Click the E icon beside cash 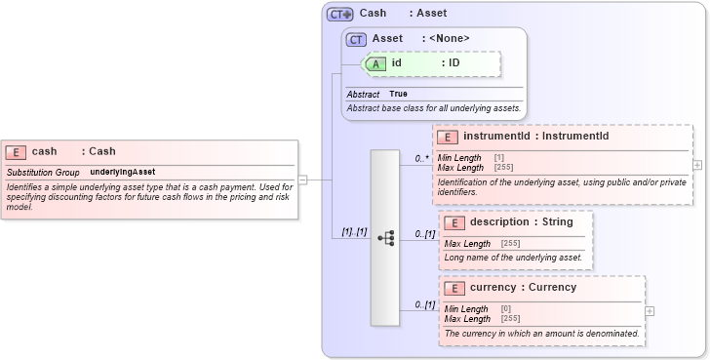click(16, 151)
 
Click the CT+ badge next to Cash click(339, 14)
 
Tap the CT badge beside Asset click(357, 39)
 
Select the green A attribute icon click(375, 63)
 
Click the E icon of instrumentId click(448, 137)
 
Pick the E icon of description click(454, 222)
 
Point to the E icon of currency click(454, 288)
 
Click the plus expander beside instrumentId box click(697, 165)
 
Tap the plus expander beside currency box click(650, 310)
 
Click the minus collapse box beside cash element click(302, 180)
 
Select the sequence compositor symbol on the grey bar click(385, 237)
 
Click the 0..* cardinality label click(422, 158)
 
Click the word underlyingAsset click(123, 172)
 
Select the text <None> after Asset click(450, 39)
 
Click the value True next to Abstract click(399, 94)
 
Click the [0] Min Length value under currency click(506, 309)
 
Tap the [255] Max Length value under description click(511, 244)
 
